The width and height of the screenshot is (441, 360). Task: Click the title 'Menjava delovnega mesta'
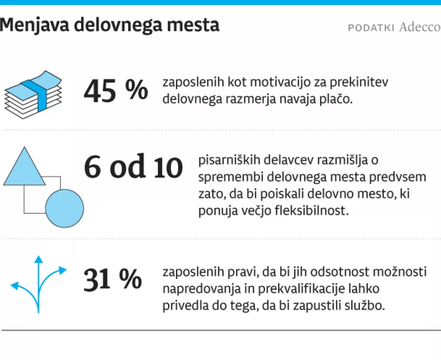point(109,25)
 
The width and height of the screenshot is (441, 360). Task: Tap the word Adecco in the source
point(419,27)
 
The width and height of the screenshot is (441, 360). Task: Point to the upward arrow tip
point(38,259)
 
